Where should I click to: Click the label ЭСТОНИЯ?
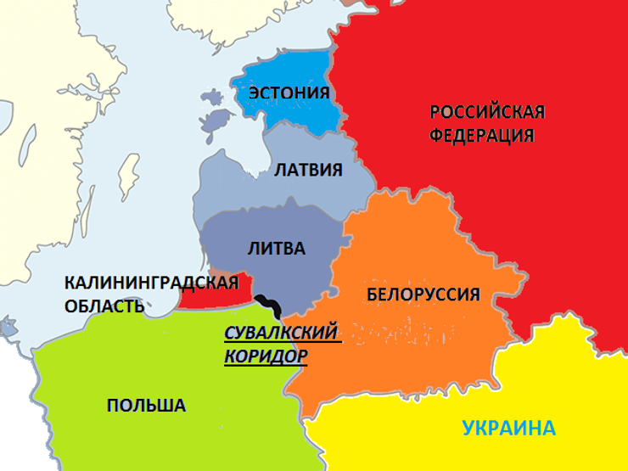point(289,93)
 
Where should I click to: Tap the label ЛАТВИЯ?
point(308,170)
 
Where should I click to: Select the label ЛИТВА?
point(276,249)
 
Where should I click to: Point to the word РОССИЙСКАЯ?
point(487,113)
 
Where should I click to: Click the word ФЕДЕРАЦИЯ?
point(481,136)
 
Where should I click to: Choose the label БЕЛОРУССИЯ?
point(423,294)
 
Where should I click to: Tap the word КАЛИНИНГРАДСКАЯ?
point(151,283)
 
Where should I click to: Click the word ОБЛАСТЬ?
point(104,306)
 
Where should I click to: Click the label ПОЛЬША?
point(146,406)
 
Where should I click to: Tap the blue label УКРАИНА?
point(509,428)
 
